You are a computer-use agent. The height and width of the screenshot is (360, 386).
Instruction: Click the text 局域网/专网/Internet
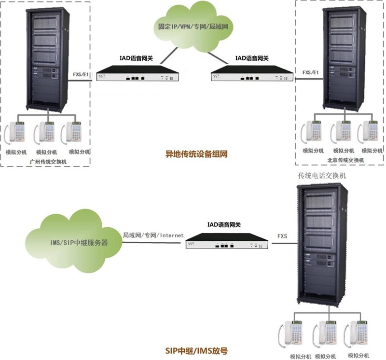pos(153,235)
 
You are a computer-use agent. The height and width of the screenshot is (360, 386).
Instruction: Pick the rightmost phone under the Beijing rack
pos(370,133)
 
